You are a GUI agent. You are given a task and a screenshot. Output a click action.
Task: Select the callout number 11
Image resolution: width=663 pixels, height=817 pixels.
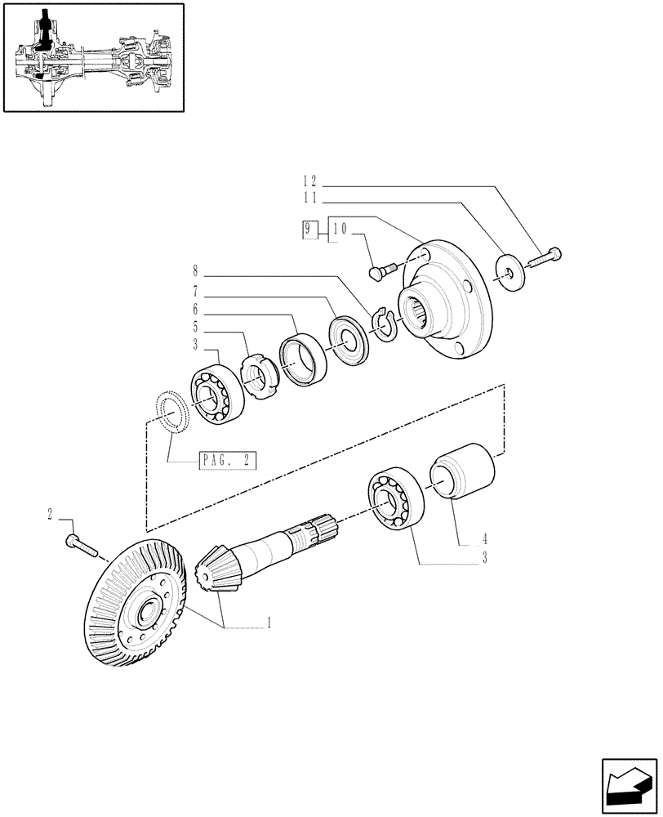tap(309, 199)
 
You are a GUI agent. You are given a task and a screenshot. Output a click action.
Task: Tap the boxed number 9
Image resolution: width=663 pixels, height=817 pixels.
tap(309, 230)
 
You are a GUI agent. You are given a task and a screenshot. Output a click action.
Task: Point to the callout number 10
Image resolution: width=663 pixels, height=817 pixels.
tap(340, 230)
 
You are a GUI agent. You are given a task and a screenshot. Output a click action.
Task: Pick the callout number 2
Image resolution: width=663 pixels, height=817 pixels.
tap(51, 515)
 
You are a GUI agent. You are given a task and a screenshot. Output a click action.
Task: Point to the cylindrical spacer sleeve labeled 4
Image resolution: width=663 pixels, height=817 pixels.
tap(463, 474)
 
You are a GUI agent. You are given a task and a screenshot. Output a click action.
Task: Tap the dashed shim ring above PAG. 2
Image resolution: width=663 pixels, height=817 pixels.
tap(172, 408)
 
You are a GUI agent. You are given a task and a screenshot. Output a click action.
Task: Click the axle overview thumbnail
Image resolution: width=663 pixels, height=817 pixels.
tap(92, 58)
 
